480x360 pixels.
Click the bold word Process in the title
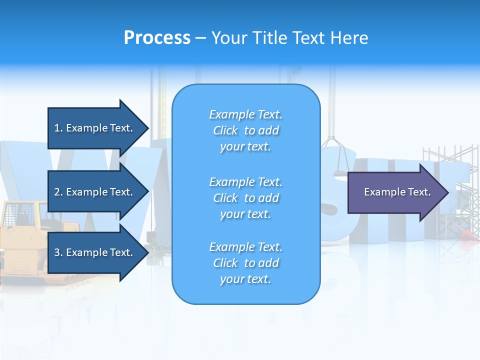(157, 38)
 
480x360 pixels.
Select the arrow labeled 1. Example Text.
(95, 128)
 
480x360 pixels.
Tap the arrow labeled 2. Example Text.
(95, 192)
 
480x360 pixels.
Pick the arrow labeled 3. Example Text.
(95, 252)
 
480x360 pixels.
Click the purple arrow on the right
(395, 192)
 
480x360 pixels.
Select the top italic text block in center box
(245, 130)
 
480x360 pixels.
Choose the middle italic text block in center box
(245, 198)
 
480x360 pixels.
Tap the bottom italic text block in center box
(245, 263)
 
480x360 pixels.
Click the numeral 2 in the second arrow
(57, 192)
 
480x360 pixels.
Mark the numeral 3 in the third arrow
(57, 252)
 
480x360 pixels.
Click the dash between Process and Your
(200, 38)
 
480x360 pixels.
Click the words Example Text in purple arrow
(397, 192)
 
